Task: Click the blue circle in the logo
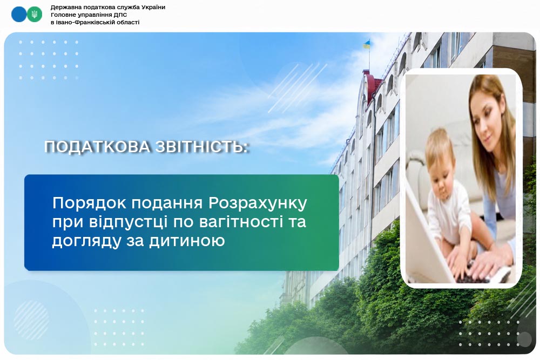(18, 15)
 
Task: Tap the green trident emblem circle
(35, 15)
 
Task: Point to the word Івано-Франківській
(82, 22)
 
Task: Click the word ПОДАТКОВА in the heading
(97, 147)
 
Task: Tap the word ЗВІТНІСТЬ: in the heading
(202, 147)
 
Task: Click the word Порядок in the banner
(89, 203)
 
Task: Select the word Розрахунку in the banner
(258, 203)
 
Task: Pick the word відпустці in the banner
(126, 222)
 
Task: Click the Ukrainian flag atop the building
(367, 45)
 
